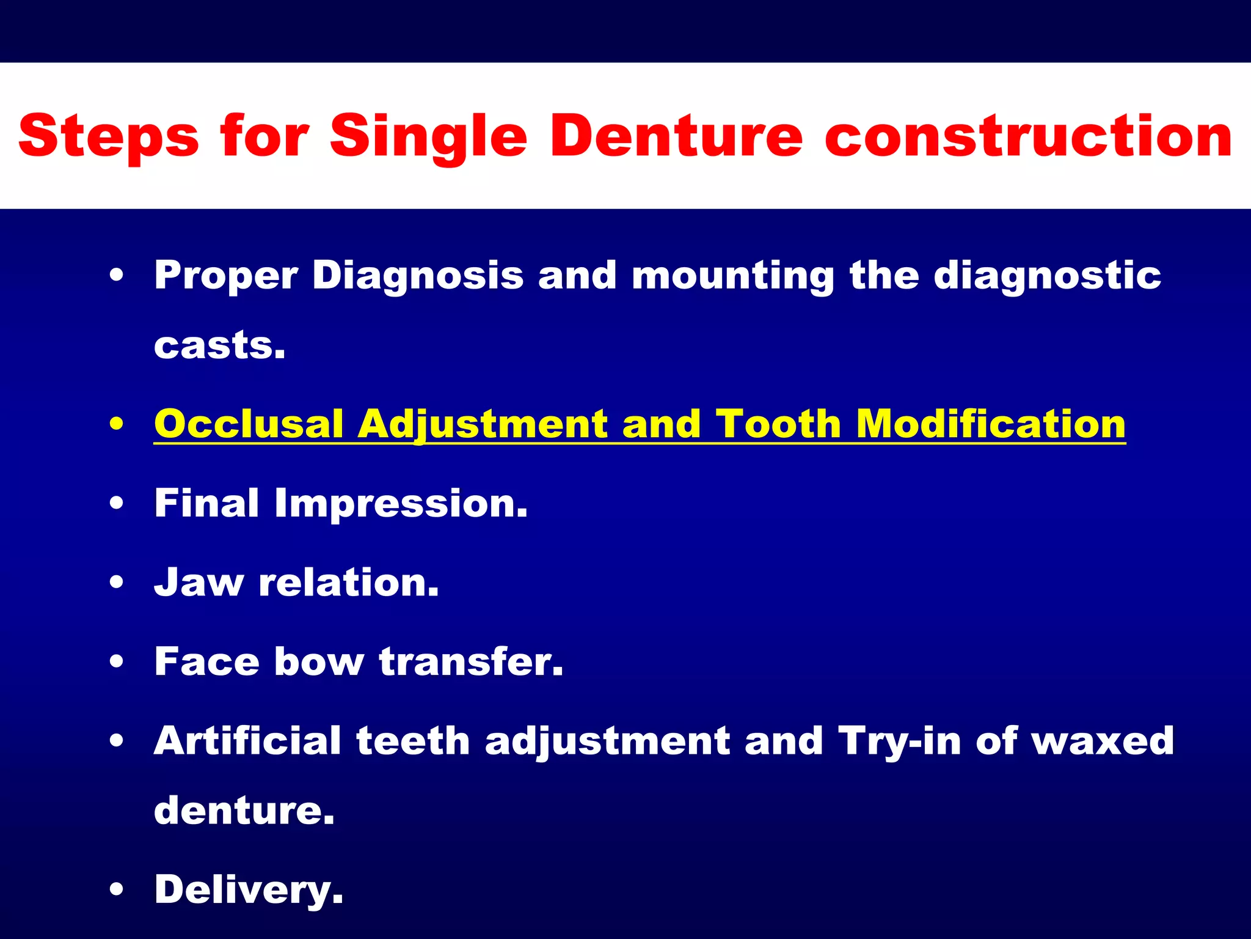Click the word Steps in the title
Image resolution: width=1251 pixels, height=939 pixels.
(109, 138)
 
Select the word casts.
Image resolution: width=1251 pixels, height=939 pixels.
(219, 346)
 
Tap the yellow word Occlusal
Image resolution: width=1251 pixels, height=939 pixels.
(249, 424)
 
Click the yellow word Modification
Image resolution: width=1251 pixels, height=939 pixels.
(990, 424)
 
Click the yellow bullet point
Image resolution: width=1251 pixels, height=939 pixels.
(117, 424)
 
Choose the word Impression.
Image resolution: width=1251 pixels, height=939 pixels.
(401, 503)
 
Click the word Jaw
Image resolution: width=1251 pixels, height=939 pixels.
(198, 582)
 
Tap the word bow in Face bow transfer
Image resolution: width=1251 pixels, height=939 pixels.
(319, 661)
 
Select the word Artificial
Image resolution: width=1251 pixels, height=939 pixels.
(247, 741)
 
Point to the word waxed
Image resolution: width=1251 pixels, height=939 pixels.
(1103, 741)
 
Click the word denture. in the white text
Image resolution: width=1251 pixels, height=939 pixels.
(244, 811)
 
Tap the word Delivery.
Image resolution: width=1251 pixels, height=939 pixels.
(249, 890)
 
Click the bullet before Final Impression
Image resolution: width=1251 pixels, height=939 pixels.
(117, 503)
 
